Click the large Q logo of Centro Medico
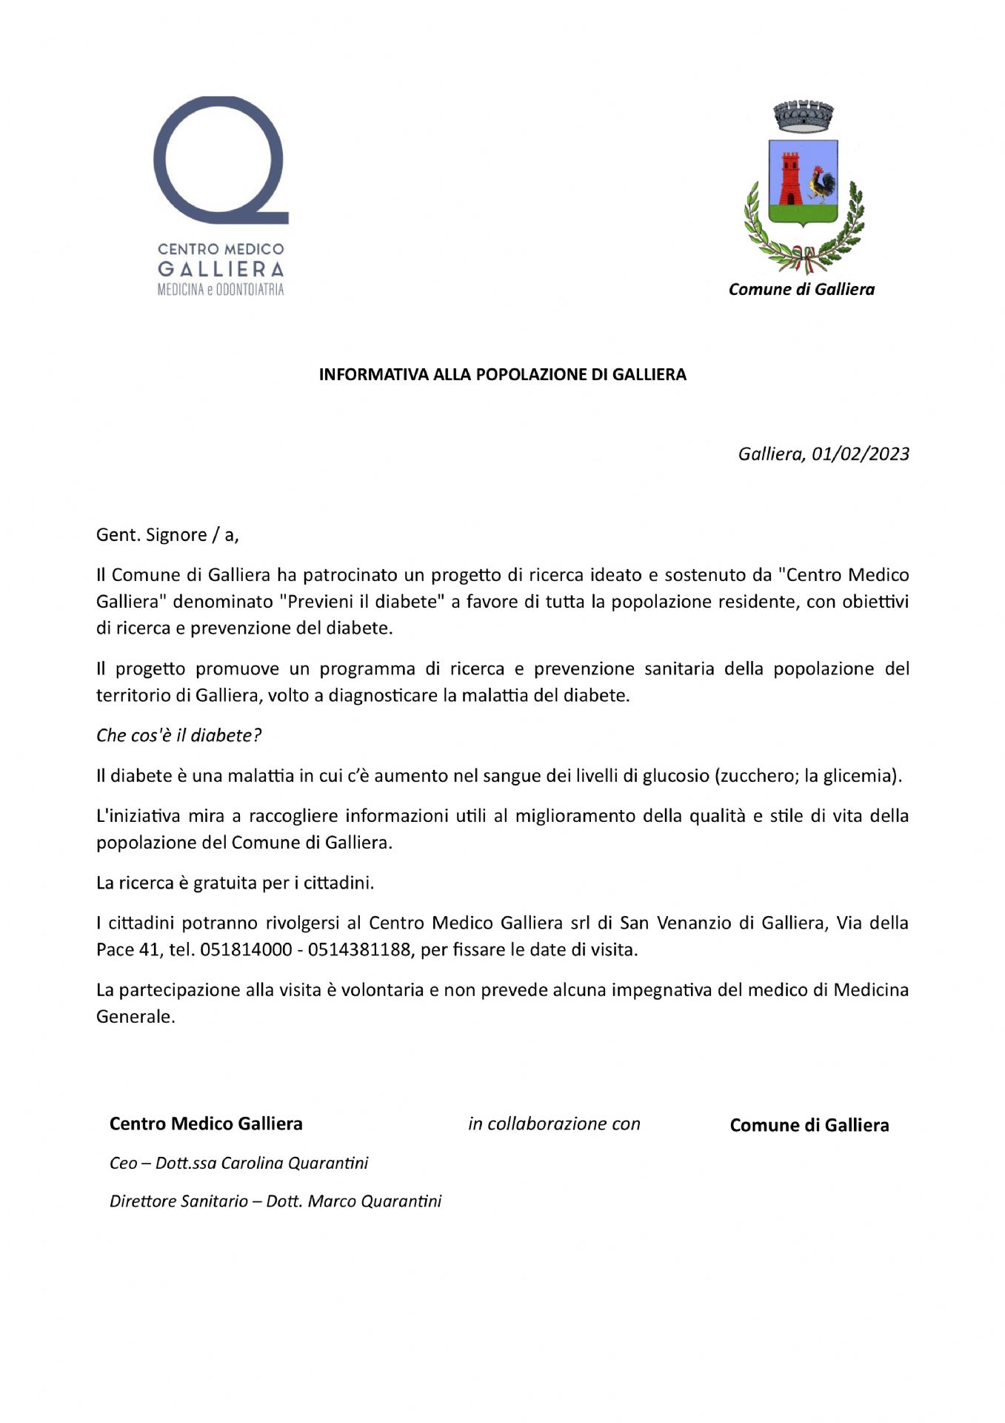point(220,159)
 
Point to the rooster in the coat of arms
point(821,185)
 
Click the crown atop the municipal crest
point(804,116)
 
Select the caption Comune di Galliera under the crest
point(801,290)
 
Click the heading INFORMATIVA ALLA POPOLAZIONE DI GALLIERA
point(502,375)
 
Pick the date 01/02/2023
point(860,454)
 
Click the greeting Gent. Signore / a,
point(167,535)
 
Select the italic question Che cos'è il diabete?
point(178,735)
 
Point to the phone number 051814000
point(246,950)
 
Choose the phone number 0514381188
point(358,950)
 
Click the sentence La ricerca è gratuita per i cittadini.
point(236,883)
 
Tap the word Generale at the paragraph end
point(135,1017)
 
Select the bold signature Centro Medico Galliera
point(206,1124)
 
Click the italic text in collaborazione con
point(554,1124)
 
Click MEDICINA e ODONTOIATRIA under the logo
point(221,290)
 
